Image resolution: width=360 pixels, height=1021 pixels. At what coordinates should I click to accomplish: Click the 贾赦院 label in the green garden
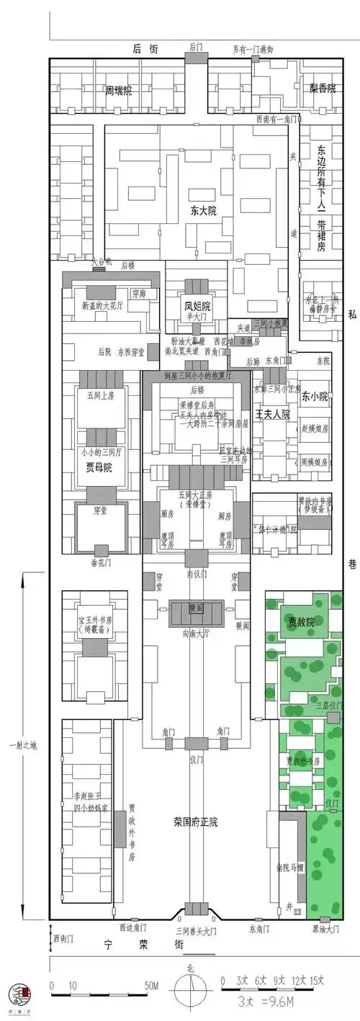click(x=301, y=602)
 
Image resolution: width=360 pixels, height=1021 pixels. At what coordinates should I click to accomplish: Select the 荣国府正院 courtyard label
click(x=195, y=821)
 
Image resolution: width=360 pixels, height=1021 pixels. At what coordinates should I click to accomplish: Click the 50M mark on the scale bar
click(x=151, y=985)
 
